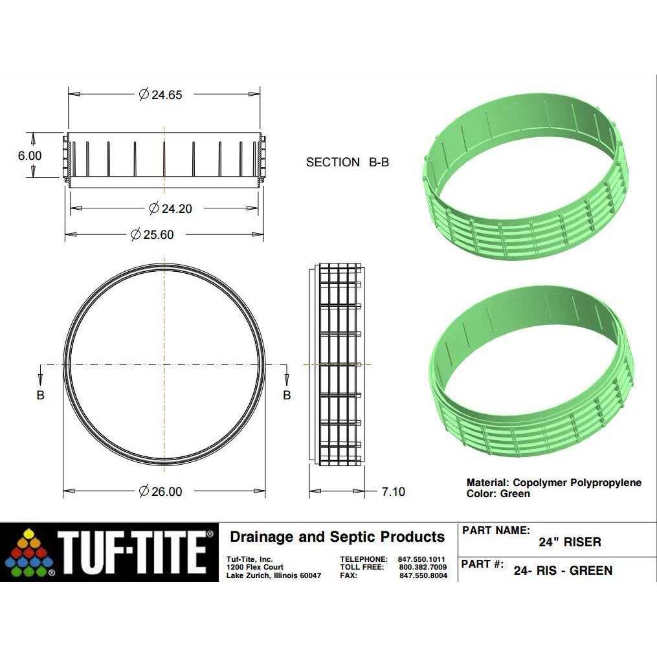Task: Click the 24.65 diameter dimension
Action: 161,95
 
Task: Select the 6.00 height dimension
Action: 30,156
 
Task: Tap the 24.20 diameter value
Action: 170,208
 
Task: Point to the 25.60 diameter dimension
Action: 152,234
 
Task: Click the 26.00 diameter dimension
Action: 161,491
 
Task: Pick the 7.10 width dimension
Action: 394,491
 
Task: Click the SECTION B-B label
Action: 348,162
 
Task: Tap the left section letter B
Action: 40,395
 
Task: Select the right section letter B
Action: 287,395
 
